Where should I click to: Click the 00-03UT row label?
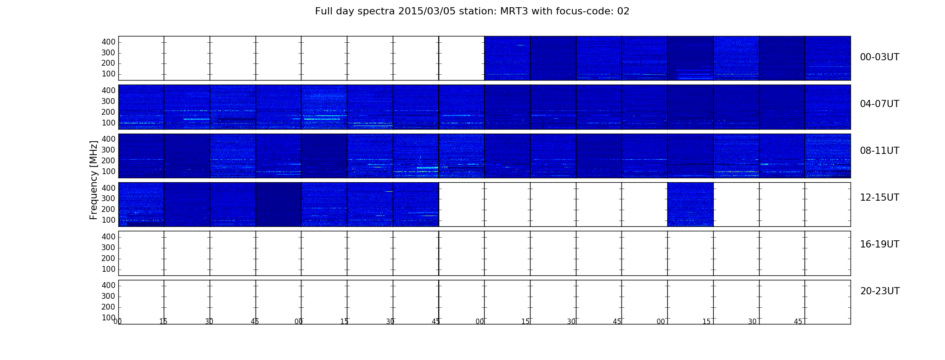click(x=879, y=57)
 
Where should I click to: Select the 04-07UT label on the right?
click(x=879, y=104)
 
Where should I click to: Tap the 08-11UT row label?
click(x=879, y=151)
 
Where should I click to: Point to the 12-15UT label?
click(x=879, y=198)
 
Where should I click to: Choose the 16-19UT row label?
click(x=879, y=244)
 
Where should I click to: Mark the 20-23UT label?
click(x=880, y=291)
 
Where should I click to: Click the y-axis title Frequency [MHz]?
click(x=94, y=180)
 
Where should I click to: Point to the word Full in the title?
click(x=323, y=11)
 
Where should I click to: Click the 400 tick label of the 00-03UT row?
click(x=108, y=42)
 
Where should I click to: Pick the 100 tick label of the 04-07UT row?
click(x=108, y=123)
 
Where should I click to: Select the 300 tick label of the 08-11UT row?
click(x=108, y=150)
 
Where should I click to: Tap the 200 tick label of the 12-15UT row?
click(x=108, y=209)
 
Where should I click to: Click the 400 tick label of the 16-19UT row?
click(x=108, y=237)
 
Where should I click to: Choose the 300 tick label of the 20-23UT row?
click(x=108, y=296)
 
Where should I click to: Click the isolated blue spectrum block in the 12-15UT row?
click(x=690, y=204)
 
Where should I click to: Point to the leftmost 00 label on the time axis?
click(x=117, y=322)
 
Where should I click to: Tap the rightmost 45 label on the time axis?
click(x=798, y=322)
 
